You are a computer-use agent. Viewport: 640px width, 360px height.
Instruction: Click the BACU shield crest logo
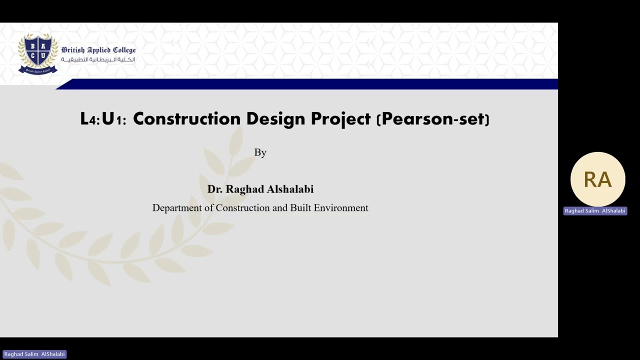point(38,53)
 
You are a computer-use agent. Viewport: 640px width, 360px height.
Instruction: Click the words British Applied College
point(98,50)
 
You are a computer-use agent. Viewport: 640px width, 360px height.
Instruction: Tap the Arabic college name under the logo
point(98,60)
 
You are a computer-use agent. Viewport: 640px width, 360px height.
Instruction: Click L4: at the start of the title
point(90,119)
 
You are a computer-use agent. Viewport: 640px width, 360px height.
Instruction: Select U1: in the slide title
point(114,119)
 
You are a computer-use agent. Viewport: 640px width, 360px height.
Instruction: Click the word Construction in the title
point(186,119)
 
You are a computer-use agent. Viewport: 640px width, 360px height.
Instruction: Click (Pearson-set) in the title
point(432,119)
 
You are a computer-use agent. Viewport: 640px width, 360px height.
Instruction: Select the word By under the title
point(260,152)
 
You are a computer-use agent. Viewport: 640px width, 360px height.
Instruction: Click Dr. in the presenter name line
point(214,189)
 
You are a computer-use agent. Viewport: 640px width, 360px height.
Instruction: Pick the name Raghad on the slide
point(244,189)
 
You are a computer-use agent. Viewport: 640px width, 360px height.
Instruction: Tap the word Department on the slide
point(177,208)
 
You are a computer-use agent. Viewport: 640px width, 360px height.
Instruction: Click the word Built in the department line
point(300,208)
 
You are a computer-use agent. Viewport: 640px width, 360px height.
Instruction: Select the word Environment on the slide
point(341,208)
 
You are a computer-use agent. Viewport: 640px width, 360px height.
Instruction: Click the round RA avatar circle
point(597,179)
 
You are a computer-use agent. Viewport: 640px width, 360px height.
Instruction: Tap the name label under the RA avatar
point(595,211)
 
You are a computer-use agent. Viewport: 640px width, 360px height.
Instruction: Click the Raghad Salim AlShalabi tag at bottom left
point(34,354)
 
